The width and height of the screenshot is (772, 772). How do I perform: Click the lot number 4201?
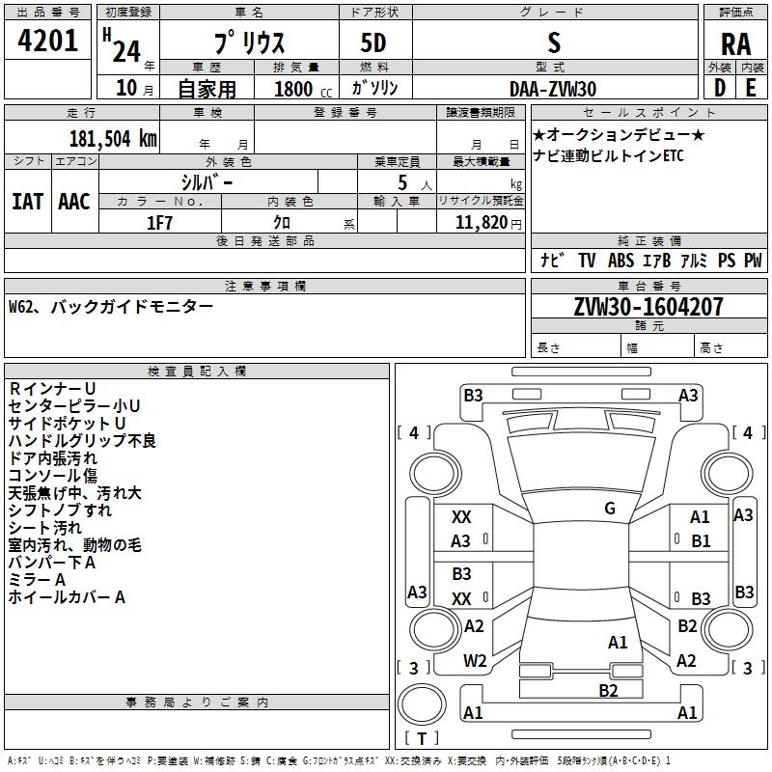click(48, 42)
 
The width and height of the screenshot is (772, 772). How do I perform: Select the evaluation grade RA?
click(735, 44)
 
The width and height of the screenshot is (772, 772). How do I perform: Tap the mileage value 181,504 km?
click(113, 138)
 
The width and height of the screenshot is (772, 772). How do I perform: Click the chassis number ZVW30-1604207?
click(648, 307)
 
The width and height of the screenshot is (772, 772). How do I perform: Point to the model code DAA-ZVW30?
click(553, 89)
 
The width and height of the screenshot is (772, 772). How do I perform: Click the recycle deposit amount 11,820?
click(481, 223)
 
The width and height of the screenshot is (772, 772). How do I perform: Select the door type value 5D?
click(373, 42)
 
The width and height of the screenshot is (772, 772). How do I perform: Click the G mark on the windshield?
click(609, 509)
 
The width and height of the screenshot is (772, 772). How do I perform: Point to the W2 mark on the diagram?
click(475, 661)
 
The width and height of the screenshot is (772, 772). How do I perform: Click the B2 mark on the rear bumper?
click(608, 690)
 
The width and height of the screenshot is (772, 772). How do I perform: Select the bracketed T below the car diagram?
click(422, 739)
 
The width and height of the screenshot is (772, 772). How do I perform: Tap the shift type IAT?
click(27, 202)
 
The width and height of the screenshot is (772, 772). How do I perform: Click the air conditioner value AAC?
click(73, 202)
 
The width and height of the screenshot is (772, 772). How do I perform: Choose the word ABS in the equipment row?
click(620, 261)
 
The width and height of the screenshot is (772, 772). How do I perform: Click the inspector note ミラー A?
click(37, 579)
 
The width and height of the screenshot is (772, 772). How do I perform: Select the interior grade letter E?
click(750, 87)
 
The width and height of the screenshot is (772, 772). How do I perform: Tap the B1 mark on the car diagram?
click(701, 541)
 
